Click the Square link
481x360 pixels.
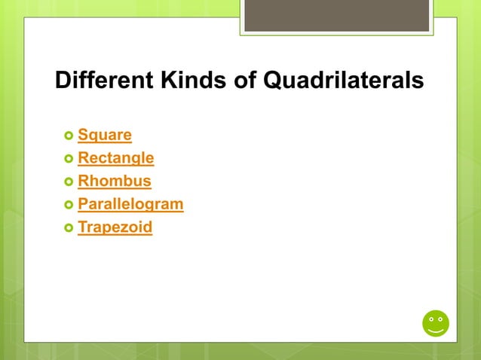pyautogui.click(x=105, y=136)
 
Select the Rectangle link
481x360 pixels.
pyautogui.click(x=116, y=158)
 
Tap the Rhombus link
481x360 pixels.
pyautogui.click(x=115, y=182)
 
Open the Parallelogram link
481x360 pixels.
pyautogui.click(x=130, y=204)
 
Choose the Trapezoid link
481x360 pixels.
pyautogui.click(x=115, y=227)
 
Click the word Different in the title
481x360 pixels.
pyautogui.click(x=103, y=80)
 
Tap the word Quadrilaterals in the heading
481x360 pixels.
pyautogui.click(x=342, y=80)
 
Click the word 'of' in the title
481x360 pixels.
pyautogui.click(x=245, y=80)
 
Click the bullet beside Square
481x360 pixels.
pyautogui.click(x=69, y=136)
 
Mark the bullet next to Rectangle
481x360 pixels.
pyautogui.click(x=69, y=159)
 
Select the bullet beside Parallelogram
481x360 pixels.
pyautogui.click(x=69, y=205)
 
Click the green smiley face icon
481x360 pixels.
pyautogui.click(x=436, y=323)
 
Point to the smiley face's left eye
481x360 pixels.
pyautogui.click(x=430, y=319)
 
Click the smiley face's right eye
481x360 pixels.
pyautogui.click(x=441, y=319)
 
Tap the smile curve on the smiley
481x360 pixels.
pyautogui.click(x=436, y=330)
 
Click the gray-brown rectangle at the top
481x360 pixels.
pyautogui.click(x=336, y=15)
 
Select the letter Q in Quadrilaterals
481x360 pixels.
pyautogui.click(x=273, y=80)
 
